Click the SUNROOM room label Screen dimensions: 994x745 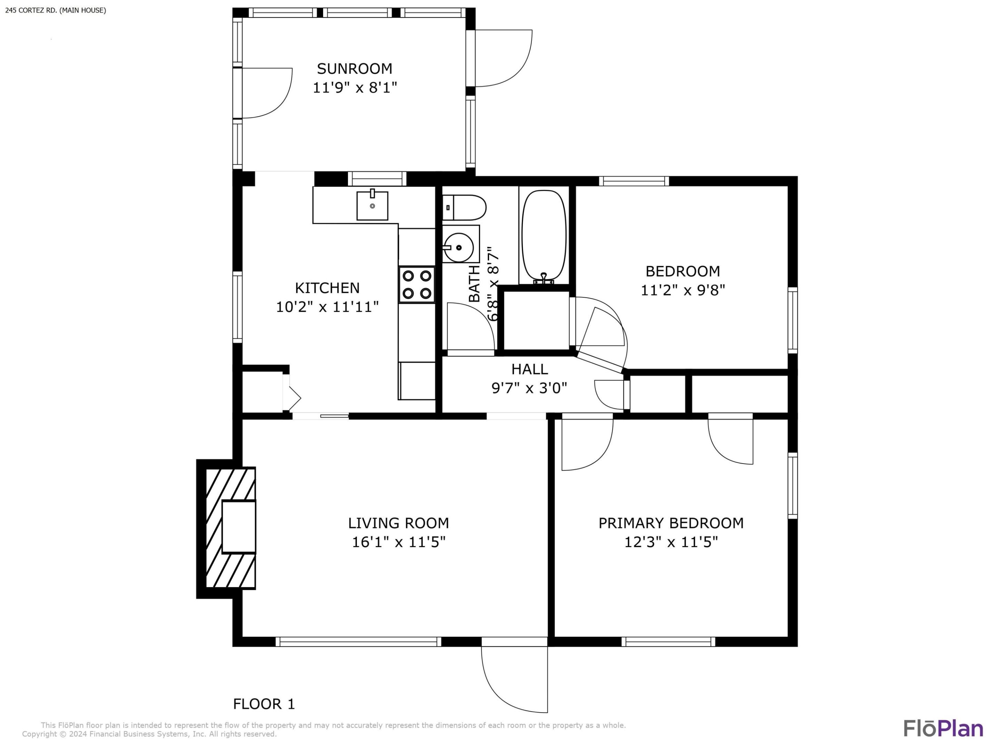(354, 69)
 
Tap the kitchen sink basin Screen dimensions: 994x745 (372, 206)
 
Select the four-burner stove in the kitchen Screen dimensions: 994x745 (417, 285)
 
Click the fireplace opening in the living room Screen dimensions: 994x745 (238, 527)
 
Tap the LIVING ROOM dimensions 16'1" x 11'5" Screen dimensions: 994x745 (398, 542)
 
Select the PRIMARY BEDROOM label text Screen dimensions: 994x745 (671, 523)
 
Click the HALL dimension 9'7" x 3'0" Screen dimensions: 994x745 (529, 388)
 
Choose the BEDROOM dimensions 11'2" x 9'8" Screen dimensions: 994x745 (683, 290)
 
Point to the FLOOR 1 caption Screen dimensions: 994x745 (264, 704)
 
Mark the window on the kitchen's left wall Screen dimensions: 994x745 (237, 307)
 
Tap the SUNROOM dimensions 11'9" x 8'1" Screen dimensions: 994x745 (354, 88)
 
